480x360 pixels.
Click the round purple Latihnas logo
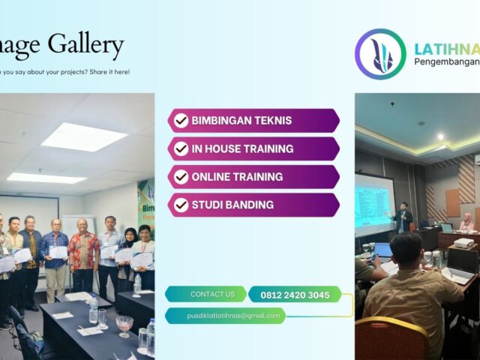click(x=380, y=55)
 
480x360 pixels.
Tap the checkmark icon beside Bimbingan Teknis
click(x=181, y=121)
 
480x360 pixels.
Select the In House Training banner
click(x=253, y=148)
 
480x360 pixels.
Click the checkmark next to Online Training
click(x=181, y=177)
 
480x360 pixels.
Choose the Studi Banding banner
click(x=253, y=205)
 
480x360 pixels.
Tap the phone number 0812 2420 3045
click(x=295, y=295)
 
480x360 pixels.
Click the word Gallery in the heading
click(x=85, y=46)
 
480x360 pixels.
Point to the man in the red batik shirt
click(x=84, y=251)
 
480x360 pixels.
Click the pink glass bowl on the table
click(x=124, y=323)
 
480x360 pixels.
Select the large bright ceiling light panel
click(x=84, y=136)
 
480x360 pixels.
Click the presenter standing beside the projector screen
click(x=403, y=217)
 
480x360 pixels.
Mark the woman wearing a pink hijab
click(x=466, y=223)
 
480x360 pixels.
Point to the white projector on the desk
click(x=463, y=244)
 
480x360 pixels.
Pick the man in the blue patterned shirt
click(x=54, y=251)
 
